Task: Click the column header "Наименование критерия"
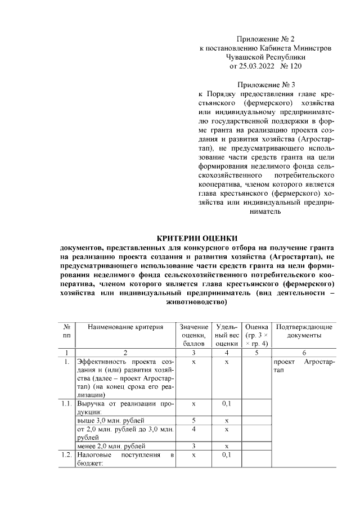(125, 327)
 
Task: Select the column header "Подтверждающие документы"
(304, 331)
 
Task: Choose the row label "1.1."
(66, 404)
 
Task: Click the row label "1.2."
(66, 454)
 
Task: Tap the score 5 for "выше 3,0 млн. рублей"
(193, 420)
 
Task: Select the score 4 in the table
(193, 429)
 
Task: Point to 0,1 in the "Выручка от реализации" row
(227, 404)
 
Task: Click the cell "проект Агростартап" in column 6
(304, 366)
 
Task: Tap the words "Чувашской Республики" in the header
(265, 57)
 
